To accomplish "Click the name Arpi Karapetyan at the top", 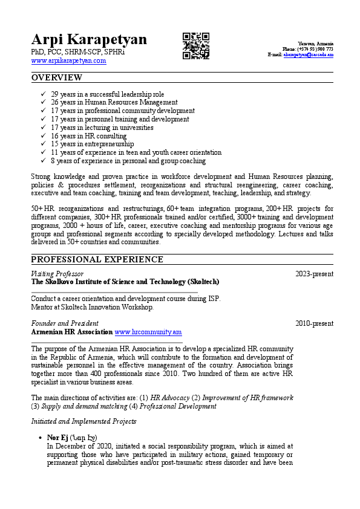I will (x=89, y=40).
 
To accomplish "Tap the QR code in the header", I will (x=196, y=46).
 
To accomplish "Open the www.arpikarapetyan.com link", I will (x=68, y=60).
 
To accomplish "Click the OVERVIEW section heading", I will (x=57, y=77).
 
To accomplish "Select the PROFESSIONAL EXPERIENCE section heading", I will (x=97, y=259).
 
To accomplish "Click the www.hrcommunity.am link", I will (x=148, y=332).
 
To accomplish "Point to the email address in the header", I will (x=309, y=54).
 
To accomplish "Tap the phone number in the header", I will (x=315, y=49).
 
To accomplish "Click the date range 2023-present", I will (x=314, y=274).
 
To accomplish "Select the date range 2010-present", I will (x=314, y=323).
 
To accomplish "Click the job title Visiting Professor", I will (x=57, y=274).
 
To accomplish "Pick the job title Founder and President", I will (x=65, y=323).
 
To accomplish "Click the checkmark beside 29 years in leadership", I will (x=43, y=94).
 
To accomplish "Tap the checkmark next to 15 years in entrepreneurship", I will (x=43, y=144).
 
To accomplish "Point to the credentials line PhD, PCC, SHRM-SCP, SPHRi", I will (x=78, y=53).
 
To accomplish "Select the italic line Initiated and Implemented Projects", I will (x=83, y=421).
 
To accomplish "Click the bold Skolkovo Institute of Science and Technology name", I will (x=125, y=282).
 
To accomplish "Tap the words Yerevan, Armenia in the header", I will (x=315, y=44).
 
